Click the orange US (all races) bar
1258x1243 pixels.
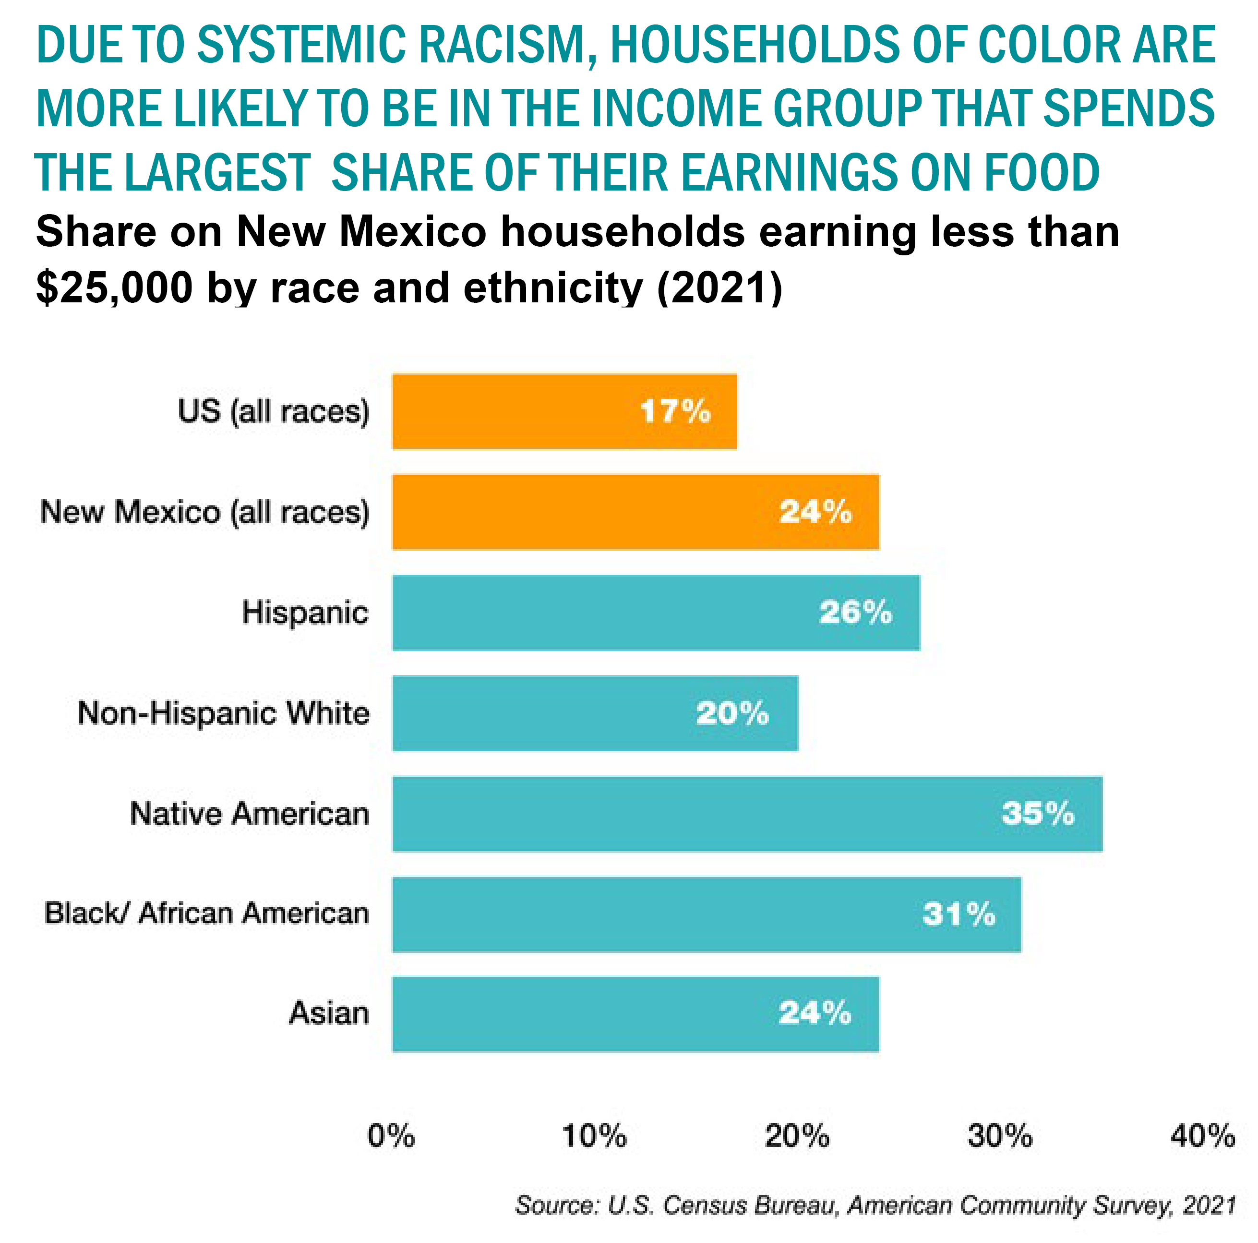click(564, 411)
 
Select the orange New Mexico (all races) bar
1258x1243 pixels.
click(635, 512)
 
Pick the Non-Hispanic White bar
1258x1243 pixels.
click(595, 713)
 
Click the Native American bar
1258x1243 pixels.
click(747, 813)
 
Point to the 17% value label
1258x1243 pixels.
click(675, 411)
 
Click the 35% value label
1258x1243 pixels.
click(1038, 813)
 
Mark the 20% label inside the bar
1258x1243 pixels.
click(732, 713)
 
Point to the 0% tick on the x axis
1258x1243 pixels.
click(391, 1135)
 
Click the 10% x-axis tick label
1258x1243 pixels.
click(594, 1135)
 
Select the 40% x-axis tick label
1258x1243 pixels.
click(1202, 1135)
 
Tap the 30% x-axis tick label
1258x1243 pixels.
click(999, 1135)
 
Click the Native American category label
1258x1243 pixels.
click(250, 814)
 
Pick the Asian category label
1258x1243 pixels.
click(329, 1013)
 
